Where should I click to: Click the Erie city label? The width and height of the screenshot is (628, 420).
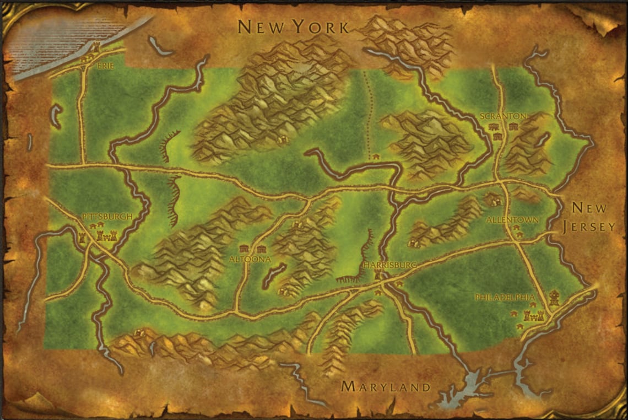click(x=102, y=65)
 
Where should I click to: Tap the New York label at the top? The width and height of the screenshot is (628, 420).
click(x=293, y=26)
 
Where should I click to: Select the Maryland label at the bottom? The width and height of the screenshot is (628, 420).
click(x=386, y=386)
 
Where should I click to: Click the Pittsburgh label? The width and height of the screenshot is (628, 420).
click(x=107, y=217)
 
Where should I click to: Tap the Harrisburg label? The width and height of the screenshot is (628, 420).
click(x=390, y=265)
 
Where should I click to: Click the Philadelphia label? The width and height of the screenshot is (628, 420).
click(x=505, y=298)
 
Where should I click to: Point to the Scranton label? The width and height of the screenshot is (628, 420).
click(x=503, y=116)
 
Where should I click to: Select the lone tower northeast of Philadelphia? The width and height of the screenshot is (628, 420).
click(x=554, y=298)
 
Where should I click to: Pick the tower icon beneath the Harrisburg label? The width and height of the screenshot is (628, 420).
click(x=378, y=274)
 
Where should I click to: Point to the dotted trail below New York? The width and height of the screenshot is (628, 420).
click(x=367, y=110)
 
